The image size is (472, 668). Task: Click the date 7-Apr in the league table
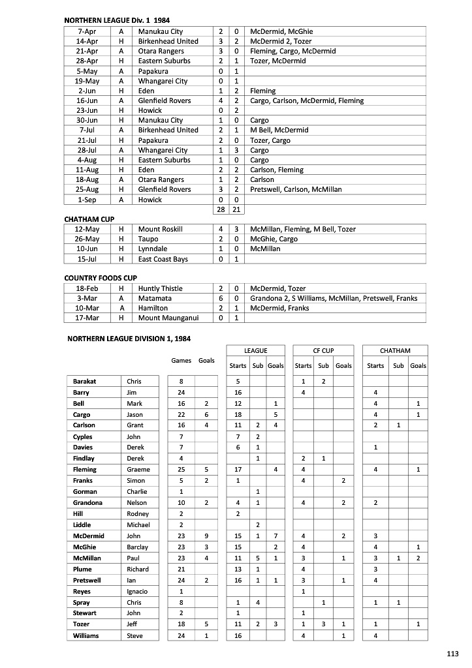coord(87,31)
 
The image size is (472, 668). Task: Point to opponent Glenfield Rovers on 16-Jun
coord(165,100)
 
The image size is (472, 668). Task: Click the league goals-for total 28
coord(221,209)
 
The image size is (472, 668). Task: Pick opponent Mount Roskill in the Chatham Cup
coord(161,229)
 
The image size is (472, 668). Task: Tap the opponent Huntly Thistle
coord(161,288)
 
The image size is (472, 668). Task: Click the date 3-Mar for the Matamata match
coord(87,298)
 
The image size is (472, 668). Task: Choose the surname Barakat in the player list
coord(85,381)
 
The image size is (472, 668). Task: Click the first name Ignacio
coord(137,591)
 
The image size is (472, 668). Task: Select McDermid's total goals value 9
coord(206,536)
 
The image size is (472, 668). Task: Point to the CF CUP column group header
coord(323,351)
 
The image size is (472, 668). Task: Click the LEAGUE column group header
coord(255,351)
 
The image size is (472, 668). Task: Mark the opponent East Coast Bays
coord(163,259)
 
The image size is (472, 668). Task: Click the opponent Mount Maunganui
coord(168,318)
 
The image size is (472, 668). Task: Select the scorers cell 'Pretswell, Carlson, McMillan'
coord(296,189)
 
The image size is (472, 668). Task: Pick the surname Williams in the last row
coord(86,635)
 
